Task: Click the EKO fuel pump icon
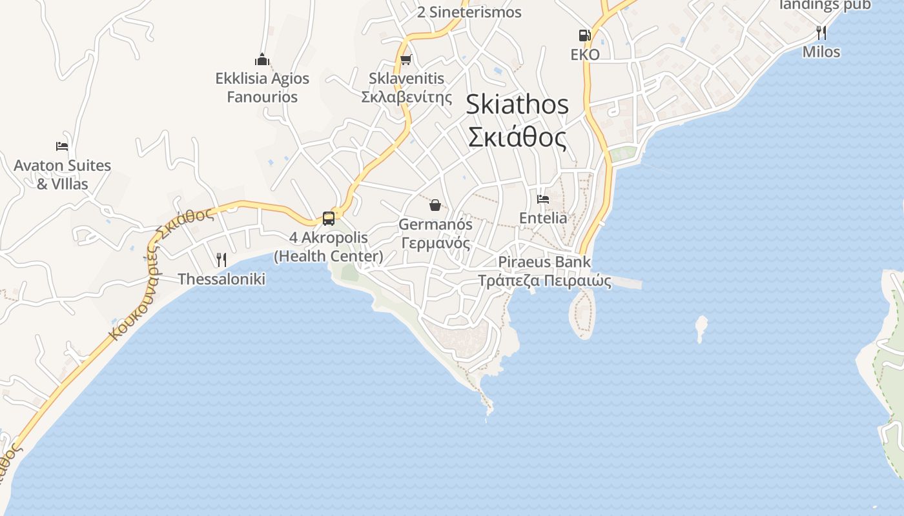coord(584,35)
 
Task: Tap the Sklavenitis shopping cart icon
coord(406,60)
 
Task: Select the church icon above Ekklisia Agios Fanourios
coord(262,60)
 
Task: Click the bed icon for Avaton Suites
coord(62,146)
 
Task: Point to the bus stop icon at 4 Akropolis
coord(329,218)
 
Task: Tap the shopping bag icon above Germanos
coord(435,205)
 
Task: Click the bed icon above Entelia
coord(543,199)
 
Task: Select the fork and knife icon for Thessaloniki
coord(221,259)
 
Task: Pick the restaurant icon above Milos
coord(821,32)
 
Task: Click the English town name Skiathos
coord(517,104)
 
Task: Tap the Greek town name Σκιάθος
coord(517,137)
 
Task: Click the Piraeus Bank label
coord(544,262)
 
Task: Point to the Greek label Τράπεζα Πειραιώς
coord(544,281)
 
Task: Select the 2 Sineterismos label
coord(469,12)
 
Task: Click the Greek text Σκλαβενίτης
coord(406,97)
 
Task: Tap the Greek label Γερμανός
coord(435,243)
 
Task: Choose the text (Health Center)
coord(329,256)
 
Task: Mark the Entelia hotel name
coord(543,218)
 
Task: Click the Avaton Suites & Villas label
coord(63,175)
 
